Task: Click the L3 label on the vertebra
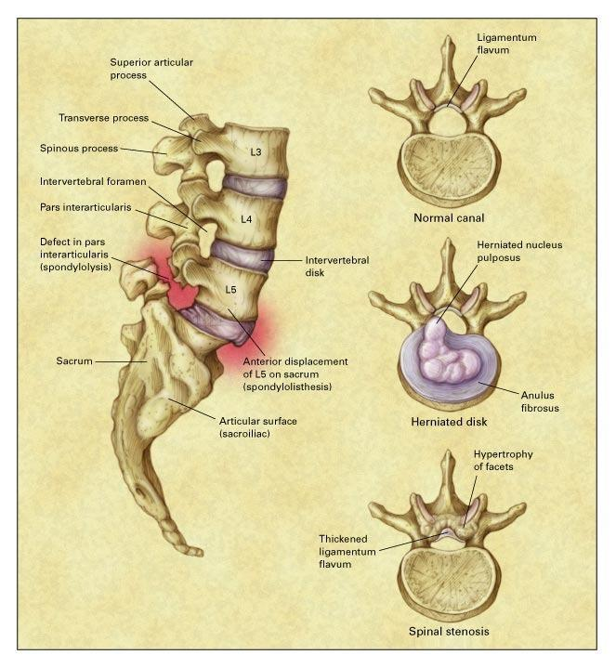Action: click(256, 150)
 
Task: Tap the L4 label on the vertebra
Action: click(247, 219)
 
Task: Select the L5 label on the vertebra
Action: click(232, 290)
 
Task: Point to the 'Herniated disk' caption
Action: click(450, 421)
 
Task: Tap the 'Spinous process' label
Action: click(80, 148)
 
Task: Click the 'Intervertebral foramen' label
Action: click(94, 180)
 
